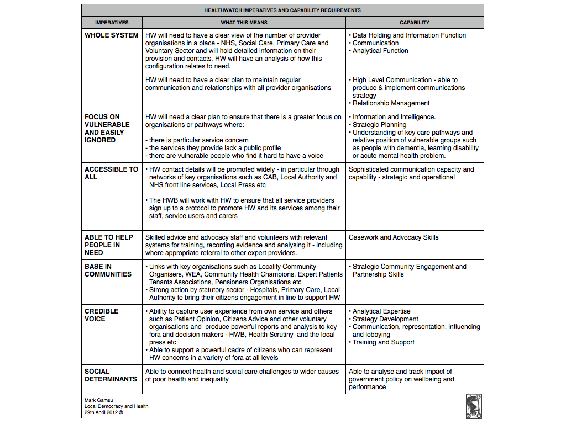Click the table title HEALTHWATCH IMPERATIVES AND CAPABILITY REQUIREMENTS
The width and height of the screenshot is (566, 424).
[282, 10]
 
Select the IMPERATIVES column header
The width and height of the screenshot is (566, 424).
[112, 23]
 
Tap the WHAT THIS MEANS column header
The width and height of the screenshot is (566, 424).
[244, 23]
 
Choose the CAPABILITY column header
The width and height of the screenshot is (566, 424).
[415, 23]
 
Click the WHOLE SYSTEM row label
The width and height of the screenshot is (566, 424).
[111, 35]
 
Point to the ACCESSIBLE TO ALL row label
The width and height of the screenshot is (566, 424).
[111, 173]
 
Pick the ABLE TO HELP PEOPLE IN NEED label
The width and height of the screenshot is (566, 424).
[109, 245]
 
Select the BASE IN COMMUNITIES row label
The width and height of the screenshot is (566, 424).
[108, 271]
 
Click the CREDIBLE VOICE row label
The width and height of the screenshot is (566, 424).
[102, 315]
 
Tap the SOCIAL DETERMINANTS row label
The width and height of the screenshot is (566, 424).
[111, 375]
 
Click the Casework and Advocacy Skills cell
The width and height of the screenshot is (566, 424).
[394, 237]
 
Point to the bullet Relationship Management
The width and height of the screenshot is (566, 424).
[391, 103]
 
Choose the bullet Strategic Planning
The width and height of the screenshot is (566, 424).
[379, 125]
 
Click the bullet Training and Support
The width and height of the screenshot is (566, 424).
[384, 342]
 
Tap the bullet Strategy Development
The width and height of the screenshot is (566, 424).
[385, 319]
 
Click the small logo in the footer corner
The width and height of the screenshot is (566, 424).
[474, 406]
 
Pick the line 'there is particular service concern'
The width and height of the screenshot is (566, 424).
[199, 140]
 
